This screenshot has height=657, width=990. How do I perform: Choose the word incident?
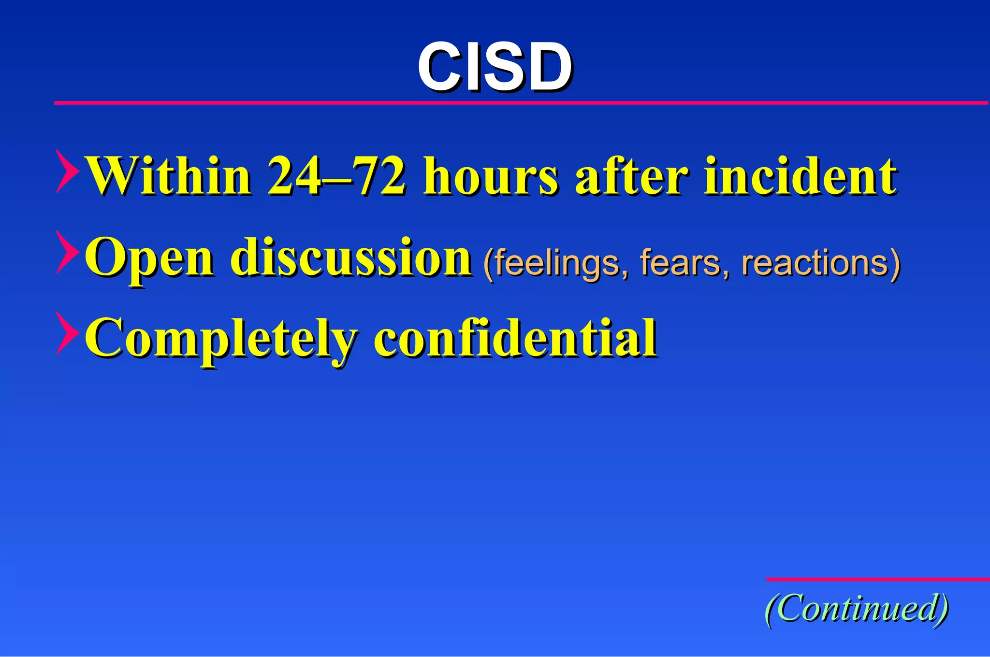801,176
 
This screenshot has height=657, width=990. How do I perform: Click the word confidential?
515,338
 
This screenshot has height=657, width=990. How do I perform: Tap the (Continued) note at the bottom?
857,609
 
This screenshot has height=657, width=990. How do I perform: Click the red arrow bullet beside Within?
67,171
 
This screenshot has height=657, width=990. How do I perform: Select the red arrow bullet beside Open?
67,252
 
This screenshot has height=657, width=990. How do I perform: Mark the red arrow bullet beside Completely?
67,333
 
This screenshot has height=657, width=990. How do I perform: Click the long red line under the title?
521,103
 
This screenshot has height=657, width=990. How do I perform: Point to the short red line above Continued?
878,579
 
